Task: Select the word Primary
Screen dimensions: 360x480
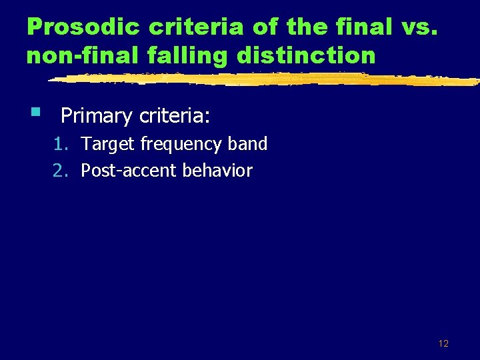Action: click(x=97, y=117)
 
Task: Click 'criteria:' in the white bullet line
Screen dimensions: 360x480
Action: click(x=175, y=117)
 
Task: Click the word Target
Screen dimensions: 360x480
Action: click(x=108, y=144)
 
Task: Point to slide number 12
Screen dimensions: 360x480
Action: click(x=443, y=343)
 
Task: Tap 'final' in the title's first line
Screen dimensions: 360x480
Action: click(x=365, y=27)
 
